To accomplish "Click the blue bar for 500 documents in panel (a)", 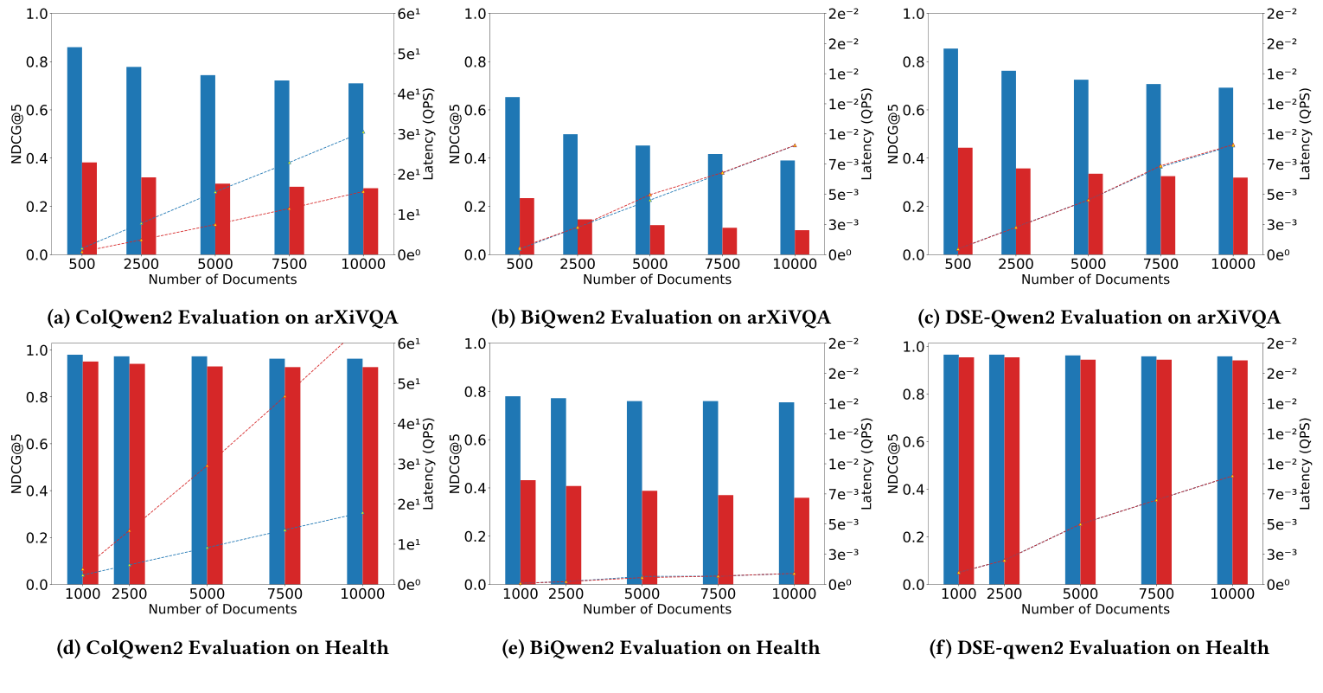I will pos(74,151).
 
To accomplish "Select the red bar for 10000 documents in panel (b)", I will pos(802,242).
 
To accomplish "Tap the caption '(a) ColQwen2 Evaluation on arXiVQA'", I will pos(222,318).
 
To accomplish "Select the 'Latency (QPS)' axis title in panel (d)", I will pos(428,463).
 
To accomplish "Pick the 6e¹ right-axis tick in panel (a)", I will pos(408,14).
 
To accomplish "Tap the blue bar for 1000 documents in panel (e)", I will pos(512,490).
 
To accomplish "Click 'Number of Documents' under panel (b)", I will pos(656,279).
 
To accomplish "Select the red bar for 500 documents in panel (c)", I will pos(965,201).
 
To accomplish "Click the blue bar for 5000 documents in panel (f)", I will pos(1072,470).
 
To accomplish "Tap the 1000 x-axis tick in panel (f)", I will pos(958,594).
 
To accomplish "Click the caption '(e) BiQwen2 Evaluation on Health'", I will pos(661,648).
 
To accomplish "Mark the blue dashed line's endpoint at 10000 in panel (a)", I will pos(363,132).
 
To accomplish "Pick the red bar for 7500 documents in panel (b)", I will pos(729,241).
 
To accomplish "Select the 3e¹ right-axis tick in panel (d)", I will pos(408,464).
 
